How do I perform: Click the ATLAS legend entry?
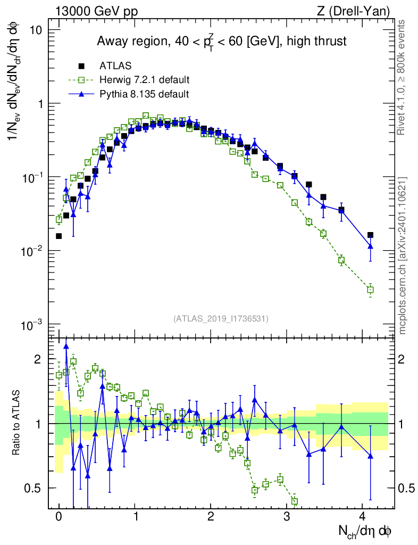(x=115, y=65)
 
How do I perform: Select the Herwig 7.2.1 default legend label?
(x=145, y=80)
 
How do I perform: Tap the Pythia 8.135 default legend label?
(x=144, y=94)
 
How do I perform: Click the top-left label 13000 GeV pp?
(x=96, y=11)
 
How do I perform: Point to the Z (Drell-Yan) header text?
(x=353, y=11)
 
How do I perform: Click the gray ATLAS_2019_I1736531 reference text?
(x=221, y=319)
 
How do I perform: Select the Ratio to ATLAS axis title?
(x=16, y=423)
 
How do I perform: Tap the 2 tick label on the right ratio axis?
(x=402, y=359)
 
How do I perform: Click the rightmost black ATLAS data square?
(x=371, y=235)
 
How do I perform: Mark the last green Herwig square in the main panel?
(x=371, y=290)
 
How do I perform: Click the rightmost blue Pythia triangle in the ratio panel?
(x=371, y=456)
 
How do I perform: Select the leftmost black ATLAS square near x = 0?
(x=58, y=236)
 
